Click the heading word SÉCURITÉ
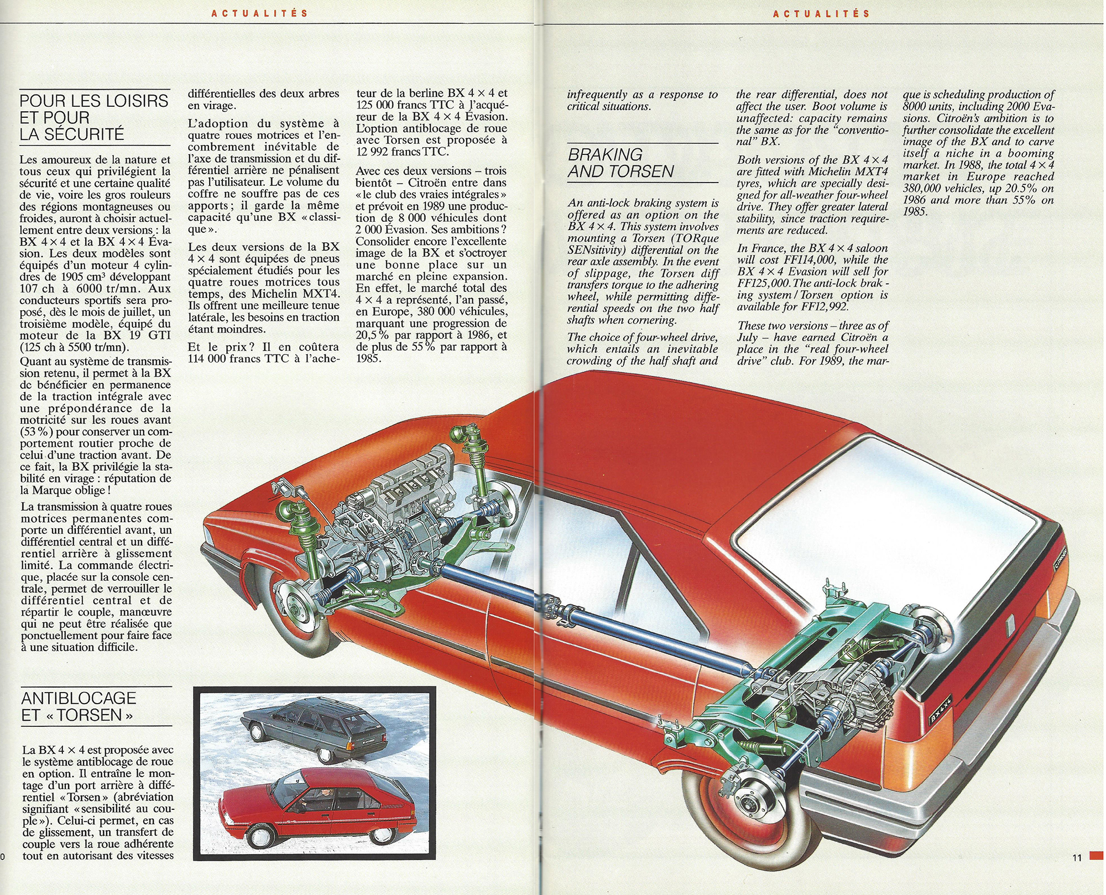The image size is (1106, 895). click(x=72, y=134)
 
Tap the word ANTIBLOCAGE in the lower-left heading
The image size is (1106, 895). click(x=79, y=698)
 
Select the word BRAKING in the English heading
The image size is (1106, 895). click(x=606, y=154)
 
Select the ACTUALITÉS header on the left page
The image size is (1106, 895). click(x=260, y=13)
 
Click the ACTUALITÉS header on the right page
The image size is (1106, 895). click(x=822, y=13)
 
